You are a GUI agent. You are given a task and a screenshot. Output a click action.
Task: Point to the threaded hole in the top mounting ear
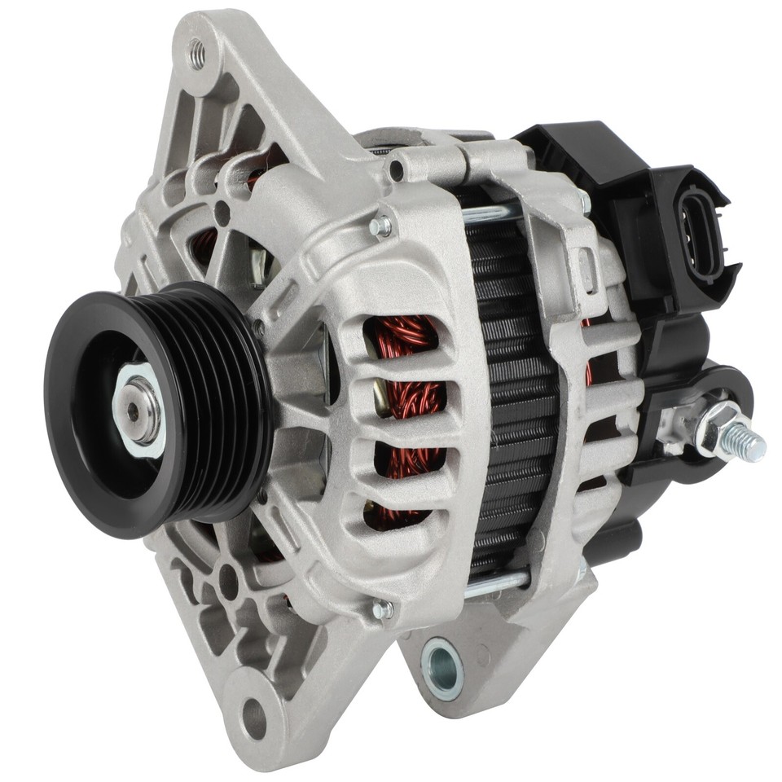[196, 55]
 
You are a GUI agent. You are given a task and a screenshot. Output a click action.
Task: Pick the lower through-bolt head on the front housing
[380, 608]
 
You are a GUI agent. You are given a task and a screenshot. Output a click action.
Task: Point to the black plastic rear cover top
[570, 151]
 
